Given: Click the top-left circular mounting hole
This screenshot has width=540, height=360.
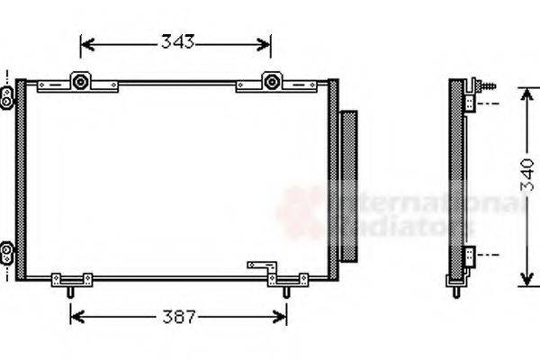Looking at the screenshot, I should pos(81,83).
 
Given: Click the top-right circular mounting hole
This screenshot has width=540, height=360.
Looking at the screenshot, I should pos(270,83).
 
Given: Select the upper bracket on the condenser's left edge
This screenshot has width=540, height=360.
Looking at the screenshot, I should pos(7,94).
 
